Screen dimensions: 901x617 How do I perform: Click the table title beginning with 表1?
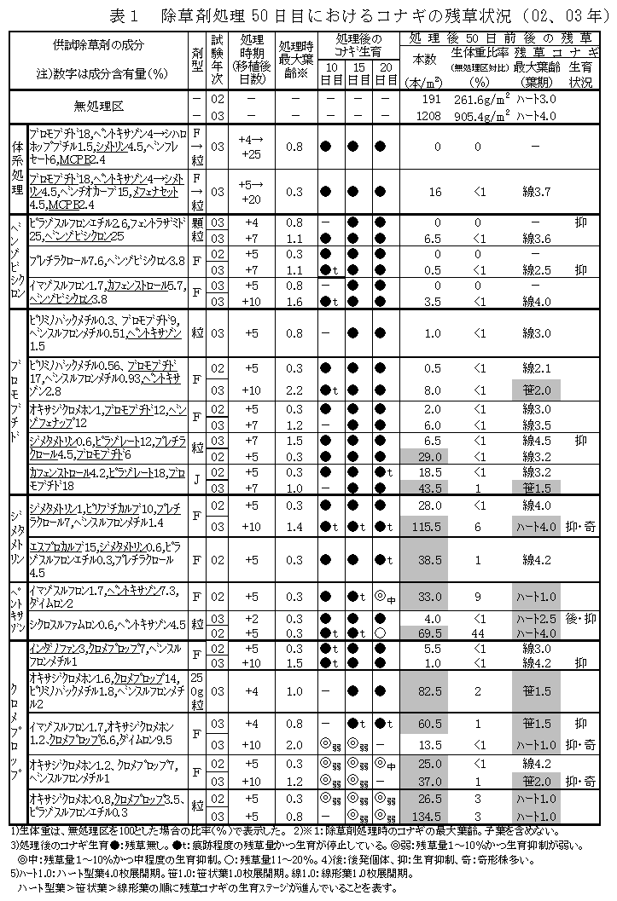click(347, 14)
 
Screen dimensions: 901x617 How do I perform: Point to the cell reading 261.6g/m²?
click(484, 100)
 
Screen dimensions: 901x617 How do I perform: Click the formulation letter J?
click(196, 479)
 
